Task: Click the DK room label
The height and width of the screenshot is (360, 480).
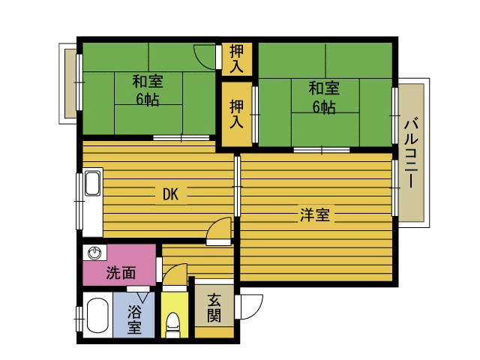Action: point(170,194)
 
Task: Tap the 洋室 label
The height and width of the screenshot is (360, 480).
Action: point(315,216)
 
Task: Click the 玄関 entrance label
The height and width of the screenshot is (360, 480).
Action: point(214,307)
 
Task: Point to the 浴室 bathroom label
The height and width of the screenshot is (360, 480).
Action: point(134,319)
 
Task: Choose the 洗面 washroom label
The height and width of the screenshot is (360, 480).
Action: point(120,273)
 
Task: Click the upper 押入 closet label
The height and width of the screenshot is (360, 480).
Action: point(237,58)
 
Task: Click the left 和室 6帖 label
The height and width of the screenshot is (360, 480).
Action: point(147,89)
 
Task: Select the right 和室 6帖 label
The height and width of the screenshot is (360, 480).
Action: point(324,97)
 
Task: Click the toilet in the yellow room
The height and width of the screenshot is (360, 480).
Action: point(173,323)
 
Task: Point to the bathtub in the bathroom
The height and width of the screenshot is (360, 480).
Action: point(96,317)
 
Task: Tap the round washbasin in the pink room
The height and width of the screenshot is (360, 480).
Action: point(94,253)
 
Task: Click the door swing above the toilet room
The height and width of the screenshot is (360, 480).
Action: point(174,278)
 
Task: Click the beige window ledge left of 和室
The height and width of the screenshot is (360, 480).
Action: point(69,82)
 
